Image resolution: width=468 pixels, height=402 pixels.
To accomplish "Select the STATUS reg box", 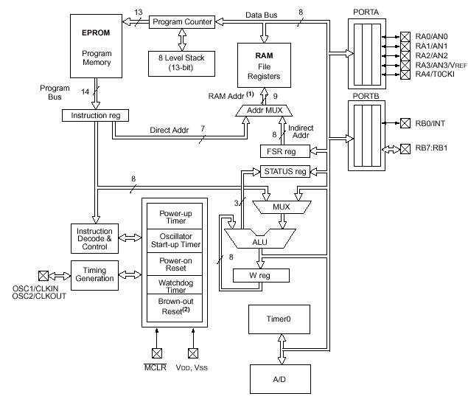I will (284, 171).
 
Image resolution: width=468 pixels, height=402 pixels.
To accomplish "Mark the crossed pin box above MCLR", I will (156, 353).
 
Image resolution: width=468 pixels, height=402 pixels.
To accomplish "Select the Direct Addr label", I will (169, 130).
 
